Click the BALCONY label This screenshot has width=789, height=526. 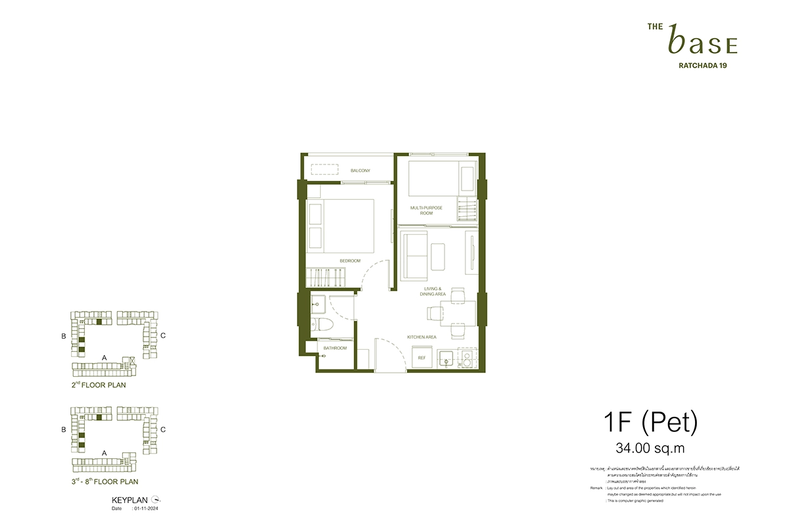[x=360, y=171]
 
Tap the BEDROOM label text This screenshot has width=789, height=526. [x=350, y=261]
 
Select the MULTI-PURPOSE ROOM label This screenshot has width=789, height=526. [x=426, y=210]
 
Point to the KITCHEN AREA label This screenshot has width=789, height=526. [x=421, y=337]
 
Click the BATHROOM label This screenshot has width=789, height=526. [x=334, y=348]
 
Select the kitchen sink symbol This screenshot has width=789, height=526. [x=446, y=359]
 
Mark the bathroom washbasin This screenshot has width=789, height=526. [x=318, y=303]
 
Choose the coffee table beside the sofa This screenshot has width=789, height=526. [x=438, y=254]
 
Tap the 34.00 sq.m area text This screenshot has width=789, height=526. [x=650, y=449]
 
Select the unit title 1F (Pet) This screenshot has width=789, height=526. [x=650, y=422]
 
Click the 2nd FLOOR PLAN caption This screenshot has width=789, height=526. [x=99, y=385]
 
